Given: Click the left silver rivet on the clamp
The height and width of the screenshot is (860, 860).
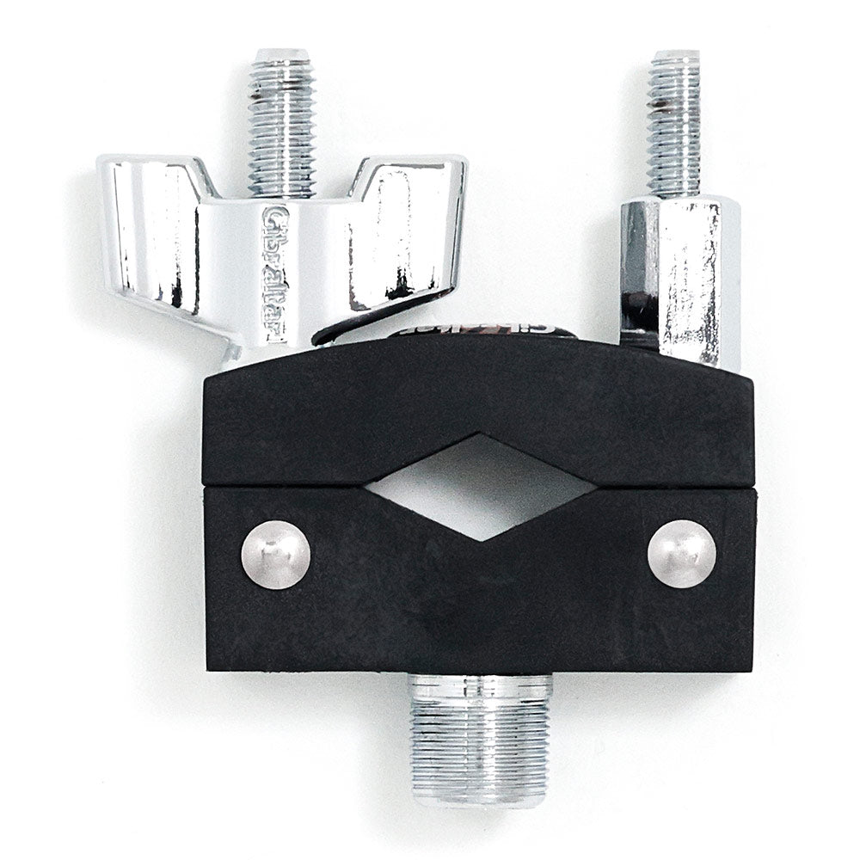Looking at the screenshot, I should [275, 556].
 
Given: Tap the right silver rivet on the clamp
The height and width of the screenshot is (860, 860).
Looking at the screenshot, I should [681, 554].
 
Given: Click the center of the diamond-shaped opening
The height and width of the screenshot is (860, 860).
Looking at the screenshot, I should [480, 487].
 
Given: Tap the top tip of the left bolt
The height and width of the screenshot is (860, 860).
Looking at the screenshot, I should [282, 53].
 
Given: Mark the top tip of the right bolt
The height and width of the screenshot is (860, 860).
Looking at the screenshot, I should [674, 56].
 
